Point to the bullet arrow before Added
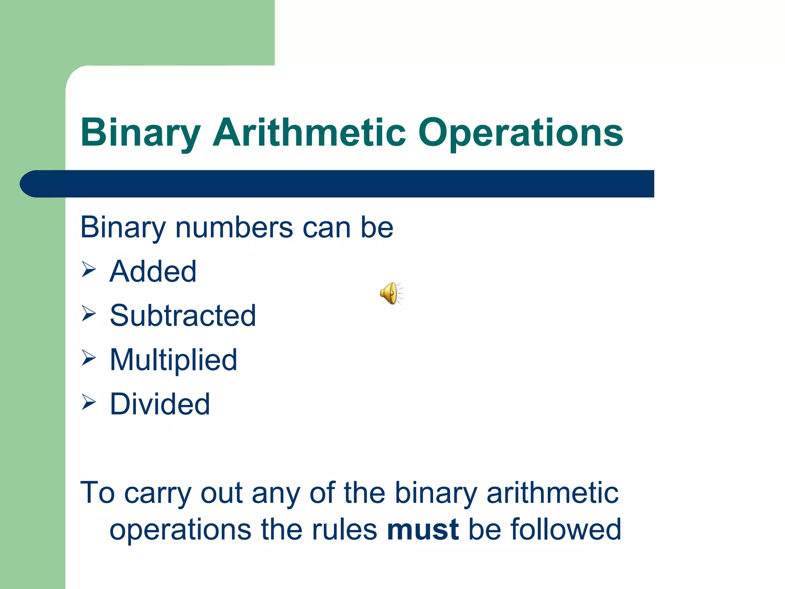click(89, 270)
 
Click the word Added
click(153, 271)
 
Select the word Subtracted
click(183, 316)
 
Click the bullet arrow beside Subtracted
click(89, 314)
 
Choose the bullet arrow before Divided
click(89, 402)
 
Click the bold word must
click(422, 530)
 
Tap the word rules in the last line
click(344, 530)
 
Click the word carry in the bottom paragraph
click(157, 494)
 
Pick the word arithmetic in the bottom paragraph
click(552, 493)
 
